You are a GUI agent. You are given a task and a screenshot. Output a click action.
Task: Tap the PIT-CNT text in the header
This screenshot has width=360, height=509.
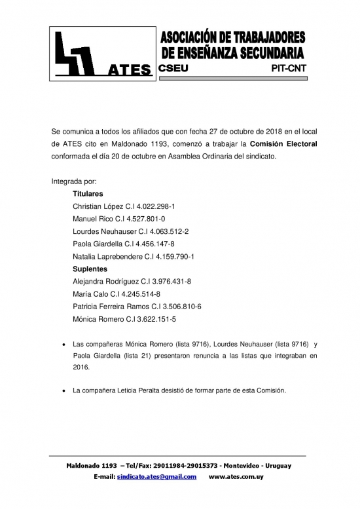(x=288, y=67)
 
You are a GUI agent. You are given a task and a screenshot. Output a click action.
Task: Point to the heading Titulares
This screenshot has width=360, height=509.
(x=88, y=194)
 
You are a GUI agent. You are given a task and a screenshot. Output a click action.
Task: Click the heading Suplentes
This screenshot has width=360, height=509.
(x=90, y=269)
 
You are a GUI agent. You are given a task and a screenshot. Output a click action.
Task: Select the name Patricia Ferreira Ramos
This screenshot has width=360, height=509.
(x=114, y=307)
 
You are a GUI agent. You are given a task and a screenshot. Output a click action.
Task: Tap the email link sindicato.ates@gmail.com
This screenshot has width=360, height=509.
(x=156, y=476)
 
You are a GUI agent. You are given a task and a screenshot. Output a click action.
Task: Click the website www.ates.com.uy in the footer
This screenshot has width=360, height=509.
(x=236, y=476)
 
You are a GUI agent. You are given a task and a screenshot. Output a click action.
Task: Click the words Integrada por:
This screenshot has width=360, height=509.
(x=73, y=181)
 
